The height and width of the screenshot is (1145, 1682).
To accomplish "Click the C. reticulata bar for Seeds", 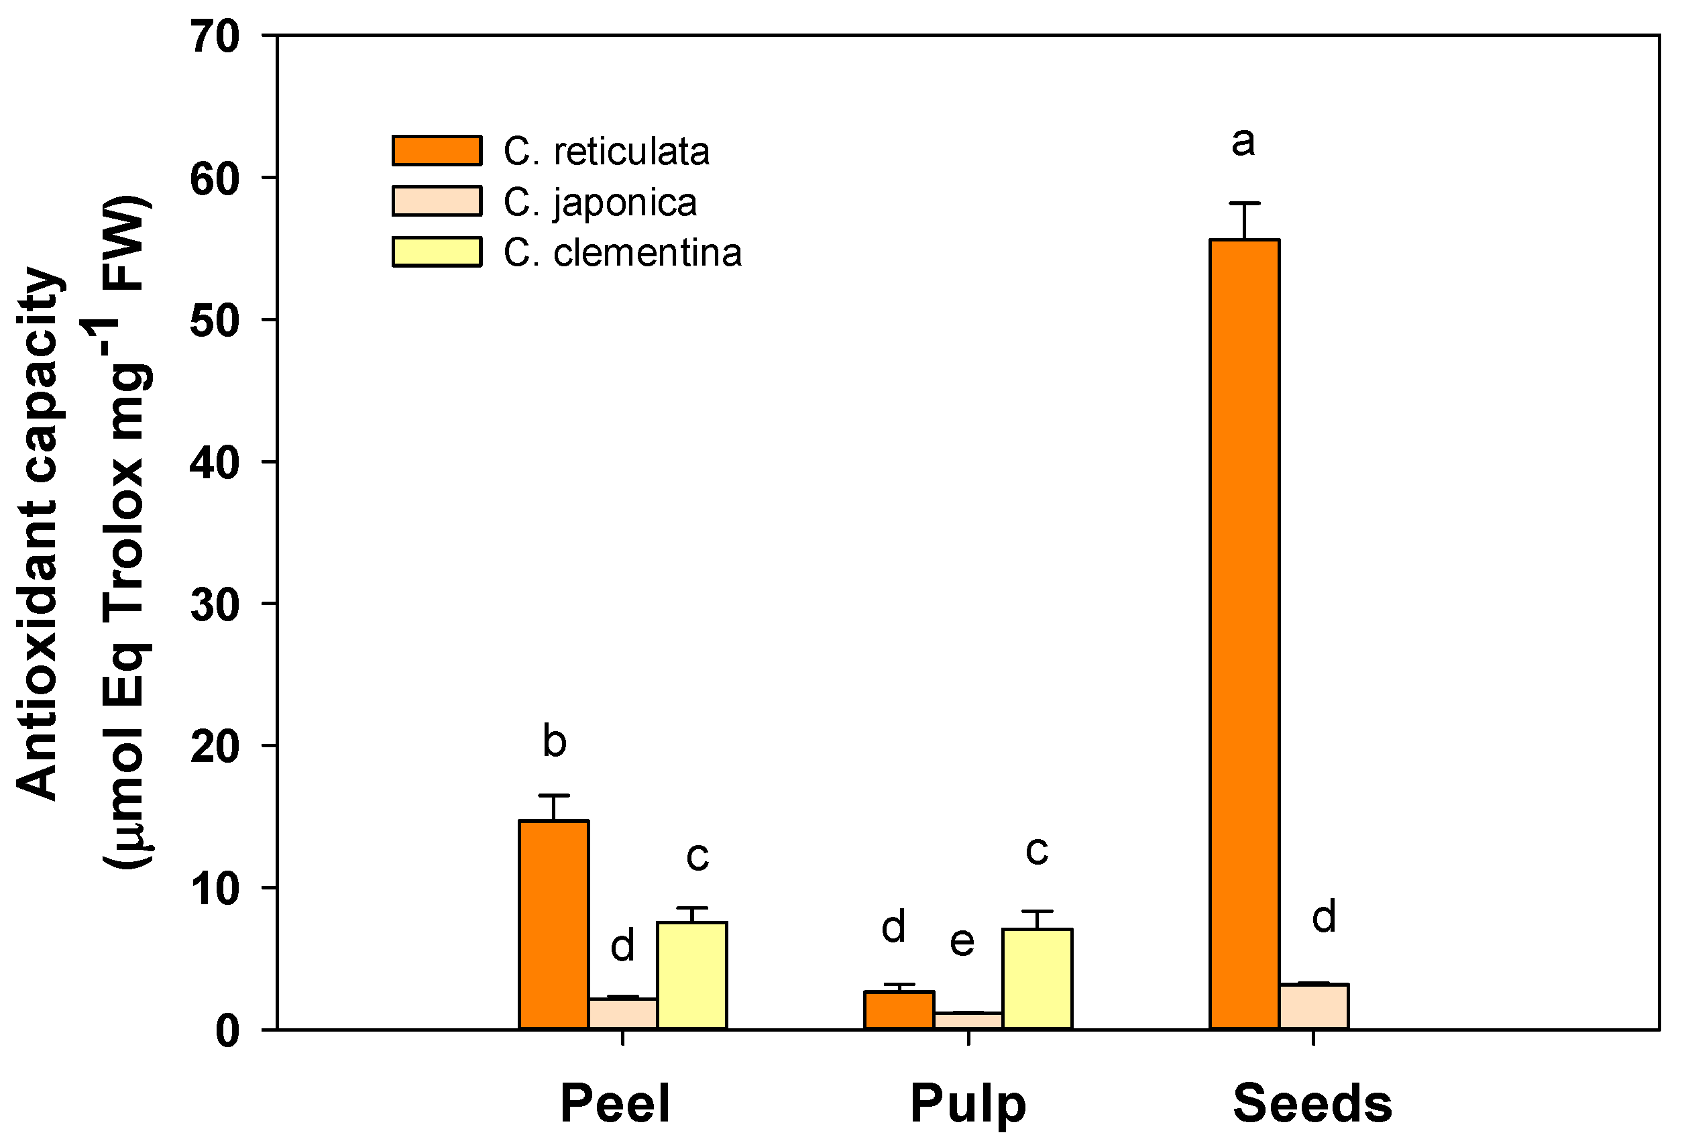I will click(x=1244, y=633).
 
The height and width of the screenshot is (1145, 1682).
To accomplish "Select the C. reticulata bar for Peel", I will click(x=554, y=924).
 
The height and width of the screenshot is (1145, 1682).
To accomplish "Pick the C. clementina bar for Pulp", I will click(x=1037, y=979).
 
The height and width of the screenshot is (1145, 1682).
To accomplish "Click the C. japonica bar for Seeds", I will click(x=1314, y=1006).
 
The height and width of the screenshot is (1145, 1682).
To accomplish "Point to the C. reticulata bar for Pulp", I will click(x=899, y=1010).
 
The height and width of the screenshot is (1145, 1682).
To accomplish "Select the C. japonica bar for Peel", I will click(x=622, y=1014).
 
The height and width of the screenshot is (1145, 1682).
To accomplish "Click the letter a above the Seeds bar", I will click(x=1243, y=142).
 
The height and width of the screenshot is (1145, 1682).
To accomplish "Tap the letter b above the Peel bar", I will click(x=555, y=742).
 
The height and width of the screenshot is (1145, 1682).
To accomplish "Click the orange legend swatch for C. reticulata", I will click(x=437, y=150).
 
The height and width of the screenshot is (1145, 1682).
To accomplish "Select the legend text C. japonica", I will click(x=600, y=202).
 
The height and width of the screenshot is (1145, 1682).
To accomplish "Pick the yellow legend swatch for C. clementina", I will click(x=437, y=252).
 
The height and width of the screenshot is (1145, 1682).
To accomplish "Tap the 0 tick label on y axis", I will click(x=227, y=1031).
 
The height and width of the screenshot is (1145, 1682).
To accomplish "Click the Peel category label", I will click(x=615, y=1103).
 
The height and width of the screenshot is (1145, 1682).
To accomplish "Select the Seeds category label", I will click(x=1312, y=1103).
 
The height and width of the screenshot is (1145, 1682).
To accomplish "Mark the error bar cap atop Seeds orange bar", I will click(x=1244, y=203).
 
